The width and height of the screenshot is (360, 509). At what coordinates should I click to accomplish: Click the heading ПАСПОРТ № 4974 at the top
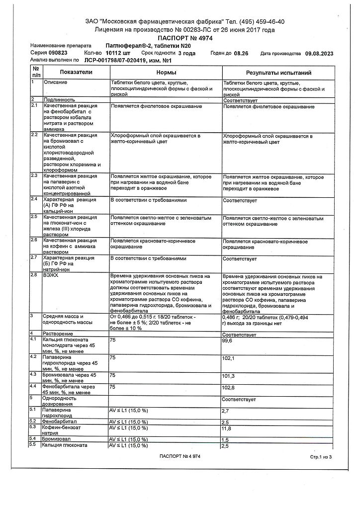(180, 38)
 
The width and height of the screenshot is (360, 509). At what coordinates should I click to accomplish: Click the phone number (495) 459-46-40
(262, 22)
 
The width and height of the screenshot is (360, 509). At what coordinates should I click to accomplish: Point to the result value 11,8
(227, 428)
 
